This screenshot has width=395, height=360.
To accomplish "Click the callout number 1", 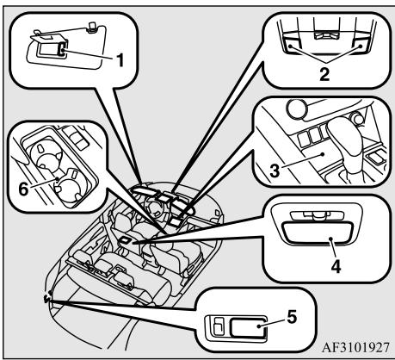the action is click(120, 59).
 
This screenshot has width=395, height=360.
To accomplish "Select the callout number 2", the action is click(324, 74).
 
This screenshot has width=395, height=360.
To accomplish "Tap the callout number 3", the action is click(274, 171).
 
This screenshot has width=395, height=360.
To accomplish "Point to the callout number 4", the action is click(336, 266).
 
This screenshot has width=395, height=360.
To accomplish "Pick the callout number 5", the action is click(292, 317).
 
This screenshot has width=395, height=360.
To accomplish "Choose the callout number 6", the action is click(23, 189).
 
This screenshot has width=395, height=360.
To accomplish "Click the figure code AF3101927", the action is click(356, 347).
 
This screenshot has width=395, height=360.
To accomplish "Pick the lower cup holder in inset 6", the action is click(71, 187).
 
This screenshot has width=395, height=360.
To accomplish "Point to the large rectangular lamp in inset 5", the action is click(249, 327).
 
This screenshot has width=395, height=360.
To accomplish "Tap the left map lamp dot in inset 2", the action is click(290, 46).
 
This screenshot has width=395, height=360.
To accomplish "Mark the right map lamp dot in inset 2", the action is click(361, 46).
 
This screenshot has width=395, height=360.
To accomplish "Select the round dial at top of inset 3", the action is click(297, 109).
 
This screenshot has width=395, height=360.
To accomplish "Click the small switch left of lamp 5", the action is click(219, 326).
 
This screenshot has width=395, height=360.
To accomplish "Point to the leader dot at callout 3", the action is click(324, 154).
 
